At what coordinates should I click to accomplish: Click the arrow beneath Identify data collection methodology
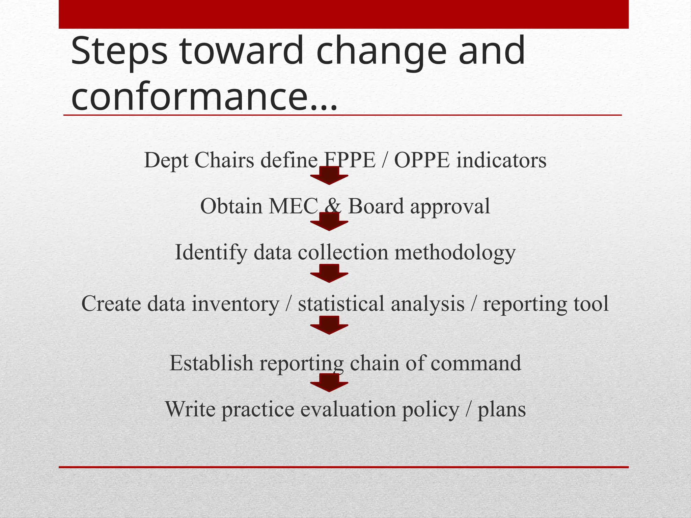coord(329,274)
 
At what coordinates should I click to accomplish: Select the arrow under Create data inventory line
coord(329,325)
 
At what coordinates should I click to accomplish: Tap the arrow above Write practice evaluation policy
coord(329,383)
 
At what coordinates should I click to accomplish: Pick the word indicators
coord(501,160)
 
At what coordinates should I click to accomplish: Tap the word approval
coord(450,207)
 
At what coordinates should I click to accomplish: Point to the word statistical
coord(341,304)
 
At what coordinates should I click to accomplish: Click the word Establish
coord(211,363)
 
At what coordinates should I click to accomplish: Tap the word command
coord(476,363)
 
